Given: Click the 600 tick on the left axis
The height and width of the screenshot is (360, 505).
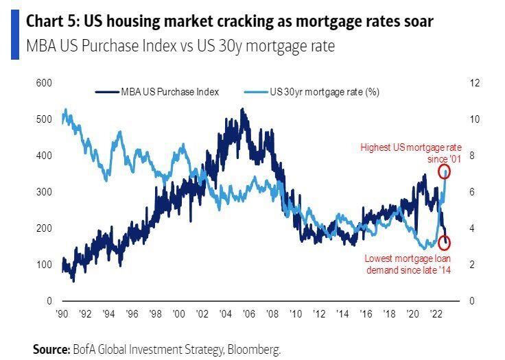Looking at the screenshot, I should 45,83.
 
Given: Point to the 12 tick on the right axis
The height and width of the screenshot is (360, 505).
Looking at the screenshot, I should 473,83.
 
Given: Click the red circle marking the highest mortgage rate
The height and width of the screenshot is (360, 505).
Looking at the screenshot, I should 445,170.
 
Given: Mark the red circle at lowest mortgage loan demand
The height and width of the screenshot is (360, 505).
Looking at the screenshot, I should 445,242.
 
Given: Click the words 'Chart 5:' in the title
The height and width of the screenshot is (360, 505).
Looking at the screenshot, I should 51,22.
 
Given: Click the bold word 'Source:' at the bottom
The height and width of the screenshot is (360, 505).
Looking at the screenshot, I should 51,349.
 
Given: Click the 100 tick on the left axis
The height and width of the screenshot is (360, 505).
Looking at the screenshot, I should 45,265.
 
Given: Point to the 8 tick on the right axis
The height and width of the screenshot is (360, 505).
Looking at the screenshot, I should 471,156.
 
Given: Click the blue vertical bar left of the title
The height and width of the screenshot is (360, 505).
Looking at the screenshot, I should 15,34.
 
